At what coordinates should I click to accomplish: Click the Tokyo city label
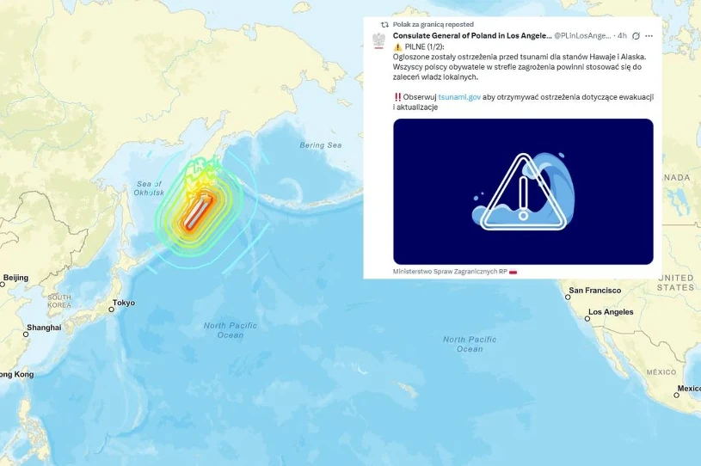pyautogui.click(x=123, y=303)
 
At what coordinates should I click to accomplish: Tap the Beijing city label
pyautogui.click(x=15, y=278)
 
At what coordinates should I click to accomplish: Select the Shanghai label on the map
pyautogui.click(x=43, y=328)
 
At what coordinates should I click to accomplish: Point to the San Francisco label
pyautogui.click(x=594, y=291)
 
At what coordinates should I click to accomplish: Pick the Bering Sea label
pyautogui.click(x=320, y=145)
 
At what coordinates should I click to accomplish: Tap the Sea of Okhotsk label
pyautogui.click(x=149, y=188)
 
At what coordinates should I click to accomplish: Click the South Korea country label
pyautogui.click(x=59, y=301)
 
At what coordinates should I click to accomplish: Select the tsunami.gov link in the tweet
pyautogui.click(x=459, y=97)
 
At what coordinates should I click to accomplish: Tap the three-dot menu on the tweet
pyautogui.click(x=649, y=36)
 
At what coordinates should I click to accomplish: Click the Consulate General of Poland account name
pyautogui.click(x=471, y=36)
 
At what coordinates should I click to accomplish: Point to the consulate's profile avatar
pyautogui.click(x=378, y=40)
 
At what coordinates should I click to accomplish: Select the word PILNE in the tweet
pyautogui.click(x=416, y=46)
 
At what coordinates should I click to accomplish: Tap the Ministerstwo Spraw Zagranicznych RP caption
pyautogui.click(x=449, y=271)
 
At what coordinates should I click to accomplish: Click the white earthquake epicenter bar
pyautogui.click(x=197, y=209)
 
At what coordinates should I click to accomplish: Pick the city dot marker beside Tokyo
pyautogui.click(x=111, y=309)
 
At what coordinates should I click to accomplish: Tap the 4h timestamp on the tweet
pyautogui.click(x=622, y=36)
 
